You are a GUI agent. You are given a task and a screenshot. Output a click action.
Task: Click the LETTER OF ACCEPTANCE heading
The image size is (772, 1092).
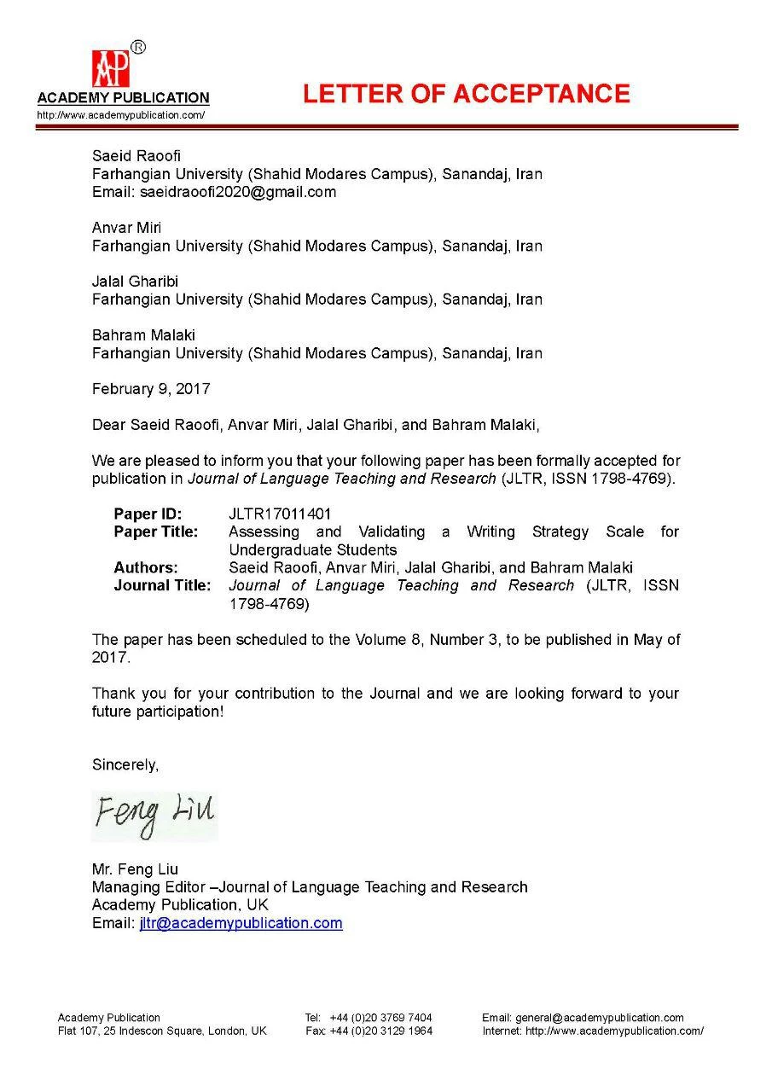(x=467, y=94)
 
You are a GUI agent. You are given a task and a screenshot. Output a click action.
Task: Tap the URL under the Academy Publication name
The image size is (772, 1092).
(x=120, y=115)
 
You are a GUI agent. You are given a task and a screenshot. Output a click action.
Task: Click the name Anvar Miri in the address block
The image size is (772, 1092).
(x=126, y=228)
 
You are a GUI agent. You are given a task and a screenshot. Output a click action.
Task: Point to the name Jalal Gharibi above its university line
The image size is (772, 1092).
(x=135, y=282)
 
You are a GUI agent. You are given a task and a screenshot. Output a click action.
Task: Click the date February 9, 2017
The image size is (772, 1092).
(x=151, y=389)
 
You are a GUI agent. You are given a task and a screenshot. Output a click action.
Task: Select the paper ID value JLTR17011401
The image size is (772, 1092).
(x=280, y=514)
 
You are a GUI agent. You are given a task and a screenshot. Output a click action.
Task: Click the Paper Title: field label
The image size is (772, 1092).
(x=156, y=531)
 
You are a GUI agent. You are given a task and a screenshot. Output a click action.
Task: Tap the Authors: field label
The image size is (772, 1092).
(x=146, y=567)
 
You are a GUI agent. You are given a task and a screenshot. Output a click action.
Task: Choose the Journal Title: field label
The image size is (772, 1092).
(x=162, y=585)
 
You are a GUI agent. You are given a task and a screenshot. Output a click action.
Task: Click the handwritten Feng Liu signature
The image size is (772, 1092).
(x=154, y=814)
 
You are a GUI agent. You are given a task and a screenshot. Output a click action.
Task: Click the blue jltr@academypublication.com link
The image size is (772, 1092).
(x=241, y=923)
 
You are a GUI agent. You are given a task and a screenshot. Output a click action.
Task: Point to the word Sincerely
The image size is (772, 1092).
(x=125, y=765)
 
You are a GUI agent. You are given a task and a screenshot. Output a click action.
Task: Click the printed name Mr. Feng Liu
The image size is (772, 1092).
(x=136, y=869)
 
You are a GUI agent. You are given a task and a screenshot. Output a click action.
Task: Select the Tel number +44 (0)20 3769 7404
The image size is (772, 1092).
(x=380, y=1017)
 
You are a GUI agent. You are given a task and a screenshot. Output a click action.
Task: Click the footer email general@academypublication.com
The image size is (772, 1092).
(x=599, y=1017)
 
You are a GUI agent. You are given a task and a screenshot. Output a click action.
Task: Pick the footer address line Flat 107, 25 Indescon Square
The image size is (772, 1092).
(x=162, y=1031)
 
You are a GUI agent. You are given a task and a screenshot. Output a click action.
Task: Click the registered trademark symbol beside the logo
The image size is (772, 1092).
(x=138, y=47)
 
